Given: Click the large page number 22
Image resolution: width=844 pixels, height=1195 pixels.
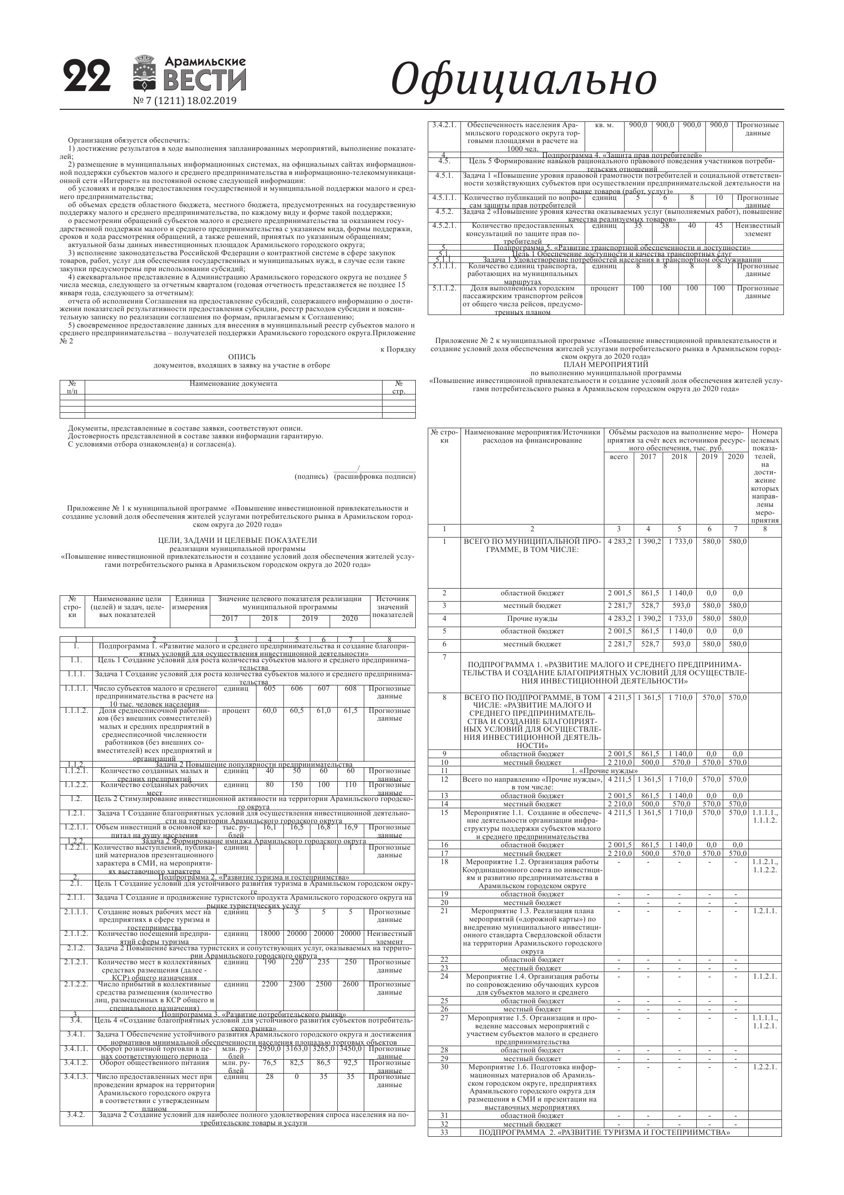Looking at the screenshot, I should pos(88,77).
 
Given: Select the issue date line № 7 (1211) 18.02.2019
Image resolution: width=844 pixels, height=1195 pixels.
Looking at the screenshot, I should pos(185,101).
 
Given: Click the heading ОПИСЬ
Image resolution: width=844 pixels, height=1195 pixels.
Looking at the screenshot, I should pos(242,357).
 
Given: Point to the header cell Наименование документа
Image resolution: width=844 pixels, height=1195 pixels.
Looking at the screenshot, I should pos(233,384).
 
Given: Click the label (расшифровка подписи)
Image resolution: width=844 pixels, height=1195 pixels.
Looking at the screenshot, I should pos(374,476).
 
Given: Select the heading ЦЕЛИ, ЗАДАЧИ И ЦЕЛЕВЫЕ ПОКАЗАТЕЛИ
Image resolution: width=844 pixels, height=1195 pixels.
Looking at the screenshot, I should pos(237,540).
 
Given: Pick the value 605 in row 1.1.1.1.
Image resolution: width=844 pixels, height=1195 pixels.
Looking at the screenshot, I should pos(270,689).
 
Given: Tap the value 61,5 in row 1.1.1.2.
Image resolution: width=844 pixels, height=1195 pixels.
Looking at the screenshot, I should pos(350,710).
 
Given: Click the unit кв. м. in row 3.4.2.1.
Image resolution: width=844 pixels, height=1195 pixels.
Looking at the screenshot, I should pos(604,125).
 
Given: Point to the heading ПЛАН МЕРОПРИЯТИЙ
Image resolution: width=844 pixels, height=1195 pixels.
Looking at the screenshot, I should pos(605,365).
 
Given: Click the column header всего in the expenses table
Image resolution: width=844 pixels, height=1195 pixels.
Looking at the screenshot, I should pos(618,457).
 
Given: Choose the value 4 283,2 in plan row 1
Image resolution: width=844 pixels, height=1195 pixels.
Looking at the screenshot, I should pos(619,542).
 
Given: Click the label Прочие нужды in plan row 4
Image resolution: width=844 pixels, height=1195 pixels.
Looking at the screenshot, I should pos(532,619).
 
